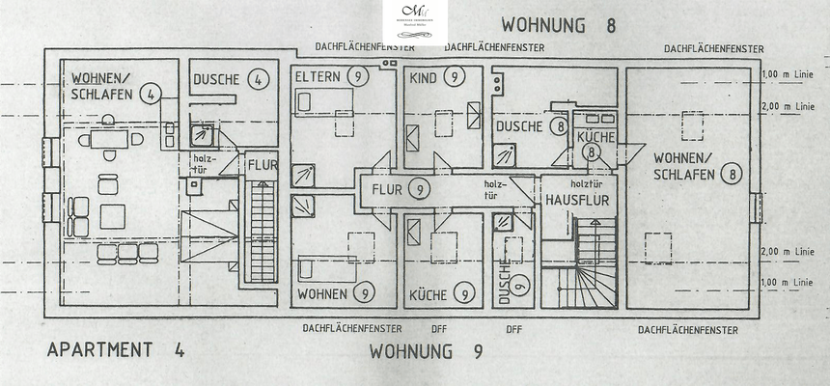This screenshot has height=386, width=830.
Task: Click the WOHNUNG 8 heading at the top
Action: [558, 24]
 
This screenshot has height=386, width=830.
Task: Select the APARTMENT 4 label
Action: [116, 349]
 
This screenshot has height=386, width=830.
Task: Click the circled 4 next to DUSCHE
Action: [257, 80]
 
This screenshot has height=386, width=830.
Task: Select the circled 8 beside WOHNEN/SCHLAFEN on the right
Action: [733, 175]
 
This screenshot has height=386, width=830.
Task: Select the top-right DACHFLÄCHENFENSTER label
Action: [714, 48]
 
